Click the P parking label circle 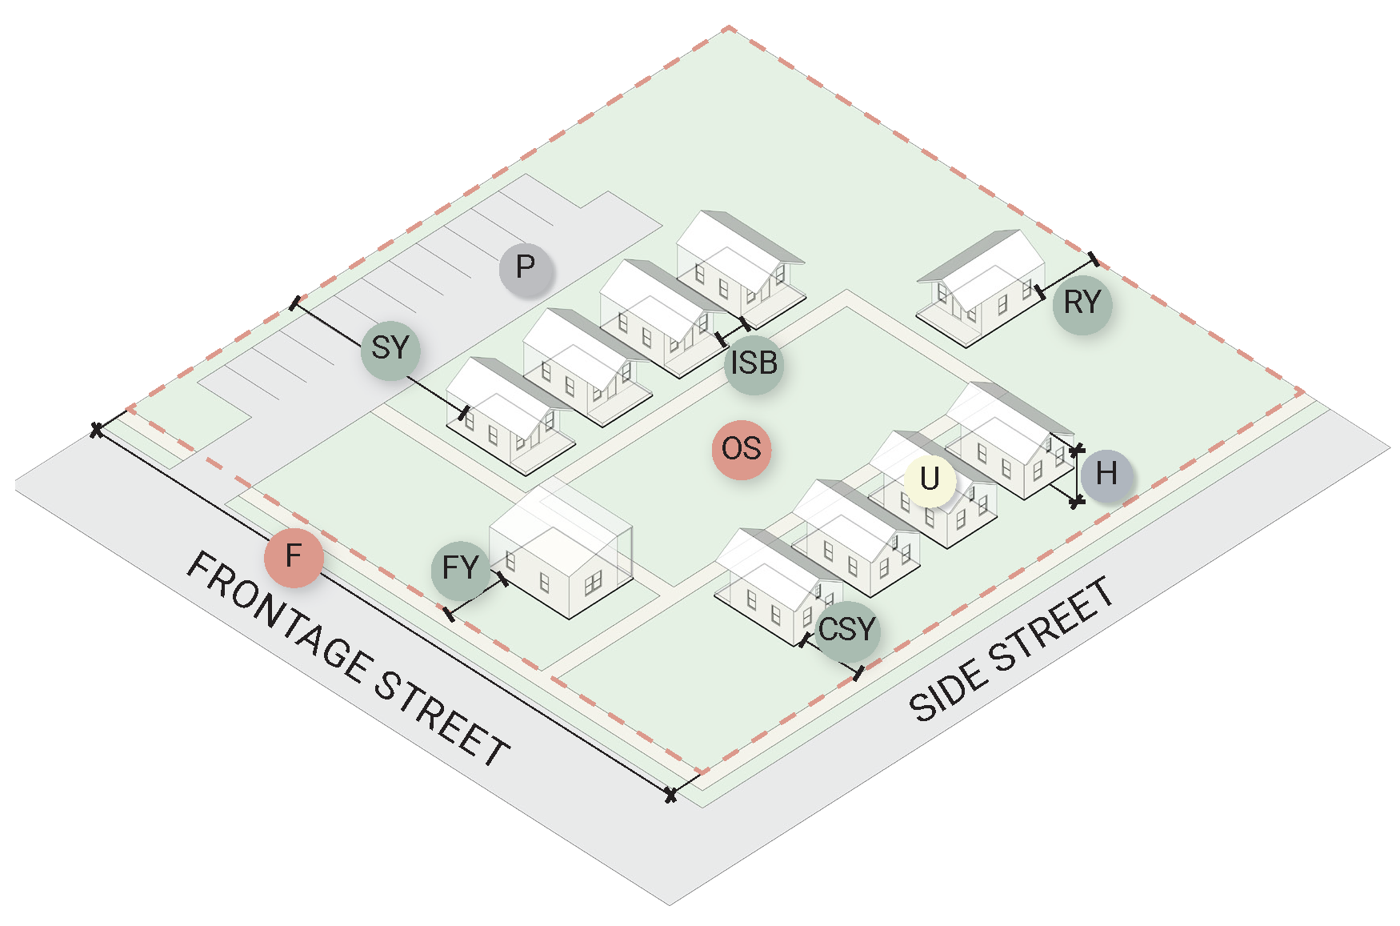[x=526, y=267]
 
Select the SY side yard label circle [x=390, y=348]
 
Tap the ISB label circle [x=754, y=363]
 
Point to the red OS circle [x=742, y=449]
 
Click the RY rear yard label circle [x=1082, y=303]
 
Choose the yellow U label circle [x=930, y=479]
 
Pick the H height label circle [x=1106, y=474]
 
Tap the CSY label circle [x=848, y=630]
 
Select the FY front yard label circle [x=461, y=569]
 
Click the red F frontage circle [x=294, y=556]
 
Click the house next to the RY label [x=982, y=288]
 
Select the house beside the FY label [x=560, y=552]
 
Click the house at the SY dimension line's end [x=509, y=416]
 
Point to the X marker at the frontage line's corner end [x=670, y=795]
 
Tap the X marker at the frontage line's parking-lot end [x=97, y=430]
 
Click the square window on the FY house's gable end [x=593, y=583]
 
